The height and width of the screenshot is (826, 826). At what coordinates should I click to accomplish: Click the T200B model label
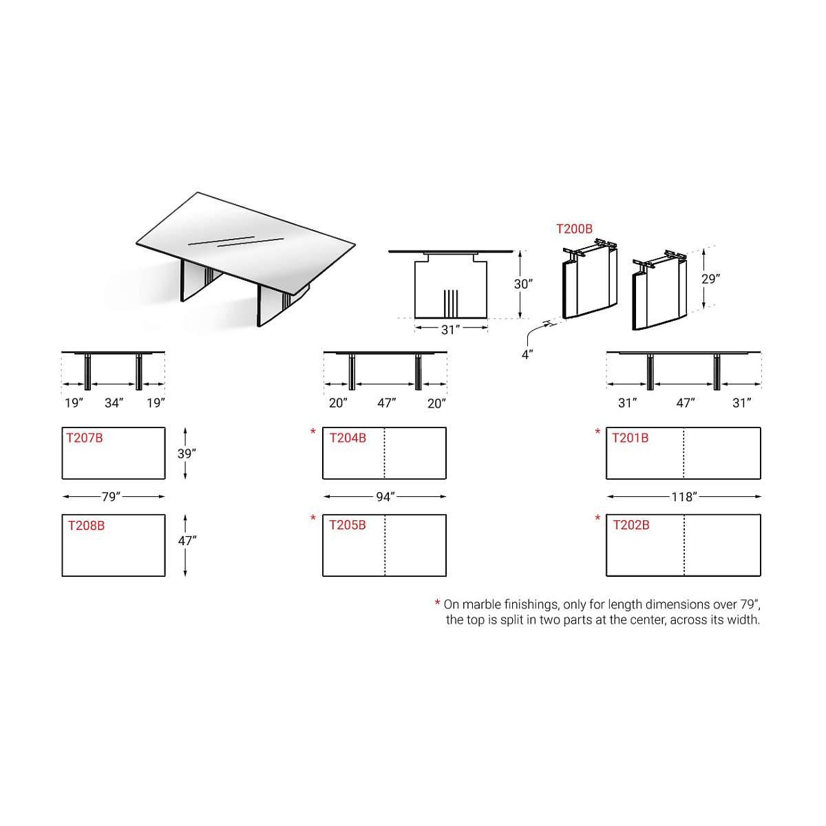tap(574, 229)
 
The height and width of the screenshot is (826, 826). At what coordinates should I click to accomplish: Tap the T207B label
tap(85, 438)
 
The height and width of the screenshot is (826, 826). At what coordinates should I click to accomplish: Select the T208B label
tap(86, 525)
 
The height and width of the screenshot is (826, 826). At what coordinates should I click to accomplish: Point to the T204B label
tap(348, 438)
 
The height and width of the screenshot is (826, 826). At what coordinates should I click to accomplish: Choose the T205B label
tap(348, 525)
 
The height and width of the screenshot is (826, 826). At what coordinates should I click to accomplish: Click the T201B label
tap(630, 438)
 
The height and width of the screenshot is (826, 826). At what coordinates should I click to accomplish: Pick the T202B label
tap(631, 525)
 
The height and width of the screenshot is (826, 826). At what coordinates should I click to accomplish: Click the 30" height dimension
tap(523, 284)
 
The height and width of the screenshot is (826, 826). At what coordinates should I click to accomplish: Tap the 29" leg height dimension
tap(710, 279)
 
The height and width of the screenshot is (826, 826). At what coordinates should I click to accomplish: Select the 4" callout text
tap(527, 354)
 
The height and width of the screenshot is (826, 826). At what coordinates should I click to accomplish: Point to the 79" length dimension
tap(111, 497)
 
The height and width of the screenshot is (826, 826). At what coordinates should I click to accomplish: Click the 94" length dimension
tap(385, 497)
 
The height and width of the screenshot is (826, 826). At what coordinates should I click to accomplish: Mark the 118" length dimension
tap(684, 497)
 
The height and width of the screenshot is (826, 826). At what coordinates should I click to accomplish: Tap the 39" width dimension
tap(187, 454)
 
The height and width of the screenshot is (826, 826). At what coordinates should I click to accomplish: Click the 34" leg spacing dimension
tap(114, 403)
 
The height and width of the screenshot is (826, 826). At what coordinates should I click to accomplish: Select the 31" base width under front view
tap(450, 330)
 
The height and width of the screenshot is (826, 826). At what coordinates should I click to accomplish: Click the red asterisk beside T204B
tap(313, 431)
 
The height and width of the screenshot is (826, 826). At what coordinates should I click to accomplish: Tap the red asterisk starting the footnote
tap(437, 603)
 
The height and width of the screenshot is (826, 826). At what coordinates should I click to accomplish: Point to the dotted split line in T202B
tap(684, 544)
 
